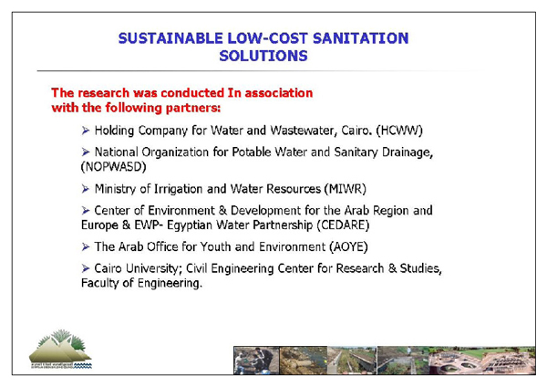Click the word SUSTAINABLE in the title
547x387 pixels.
point(170,38)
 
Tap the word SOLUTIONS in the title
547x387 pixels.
point(263,56)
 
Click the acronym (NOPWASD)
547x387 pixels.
point(113,167)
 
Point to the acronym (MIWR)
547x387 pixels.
point(346,189)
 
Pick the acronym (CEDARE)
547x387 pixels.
point(343,225)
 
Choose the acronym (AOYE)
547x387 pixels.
point(349,247)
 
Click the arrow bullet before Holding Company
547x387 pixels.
point(86,131)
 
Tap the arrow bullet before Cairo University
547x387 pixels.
point(86,268)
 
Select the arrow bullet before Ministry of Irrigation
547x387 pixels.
point(86,189)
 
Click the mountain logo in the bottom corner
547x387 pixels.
point(61,349)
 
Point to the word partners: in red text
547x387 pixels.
point(193,108)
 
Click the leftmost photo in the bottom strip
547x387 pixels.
point(256,361)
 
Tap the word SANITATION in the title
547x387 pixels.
point(361,38)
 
